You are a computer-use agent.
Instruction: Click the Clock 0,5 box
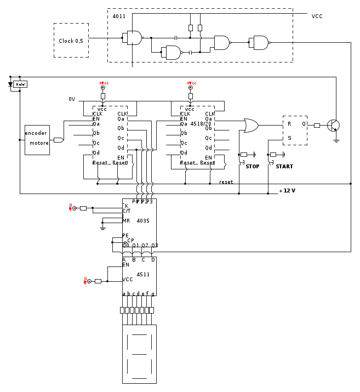(x=71, y=41)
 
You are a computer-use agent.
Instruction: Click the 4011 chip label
(x=119, y=16)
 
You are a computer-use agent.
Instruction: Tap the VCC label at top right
(x=317, y=16)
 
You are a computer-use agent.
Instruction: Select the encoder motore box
(x=37, y=140)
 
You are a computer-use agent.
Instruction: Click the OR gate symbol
(x=251, y=126)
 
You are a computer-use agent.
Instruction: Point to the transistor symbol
(x=333, y=125)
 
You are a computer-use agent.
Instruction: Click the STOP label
(x=253, y=167)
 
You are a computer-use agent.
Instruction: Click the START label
(x=284, y=167)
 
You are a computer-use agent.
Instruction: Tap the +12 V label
(x=287, y=191)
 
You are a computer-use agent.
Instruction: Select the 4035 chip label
(x=143, y=221)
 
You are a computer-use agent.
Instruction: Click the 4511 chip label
(x=143, y=274)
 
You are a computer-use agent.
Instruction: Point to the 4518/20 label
(x=201, y=124)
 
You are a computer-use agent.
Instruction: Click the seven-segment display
(x=139, y=354)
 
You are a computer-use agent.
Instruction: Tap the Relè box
(x=20, y=84)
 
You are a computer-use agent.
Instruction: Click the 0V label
(x=72, y=99)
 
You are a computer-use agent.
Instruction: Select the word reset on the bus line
(x=226, y=182)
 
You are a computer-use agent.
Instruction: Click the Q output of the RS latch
(x=304, y=124)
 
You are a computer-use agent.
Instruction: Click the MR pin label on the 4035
(x=126, y=221)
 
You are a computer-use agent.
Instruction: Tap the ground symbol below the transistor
(x=336, y=140)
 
